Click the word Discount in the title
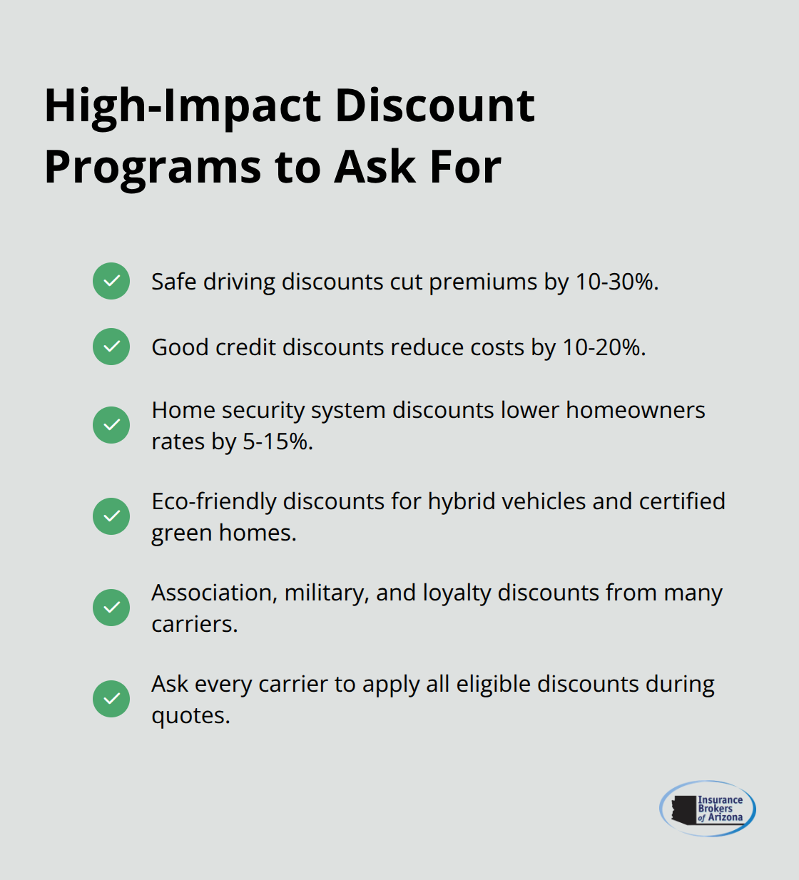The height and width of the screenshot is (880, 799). (434, 106)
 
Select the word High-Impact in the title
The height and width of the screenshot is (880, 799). (183, 106)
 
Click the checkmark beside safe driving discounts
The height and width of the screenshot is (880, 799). (111, 281)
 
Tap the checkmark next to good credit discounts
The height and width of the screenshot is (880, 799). (111, 347)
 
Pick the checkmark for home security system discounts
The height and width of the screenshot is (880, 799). (111, 425)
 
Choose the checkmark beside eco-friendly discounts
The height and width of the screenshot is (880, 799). (111, 516)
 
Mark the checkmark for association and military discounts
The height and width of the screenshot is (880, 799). (111, 608)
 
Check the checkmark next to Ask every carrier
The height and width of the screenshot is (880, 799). (111, 699)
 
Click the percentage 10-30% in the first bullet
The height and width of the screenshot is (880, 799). (616, 282)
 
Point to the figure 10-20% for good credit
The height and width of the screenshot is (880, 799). (604, 348)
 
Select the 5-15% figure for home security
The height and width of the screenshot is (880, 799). (278, 442)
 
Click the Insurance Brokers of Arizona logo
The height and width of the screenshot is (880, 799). (707, 808)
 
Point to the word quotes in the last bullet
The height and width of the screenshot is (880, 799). (190, 716)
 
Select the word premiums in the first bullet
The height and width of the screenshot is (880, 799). (483, 282)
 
